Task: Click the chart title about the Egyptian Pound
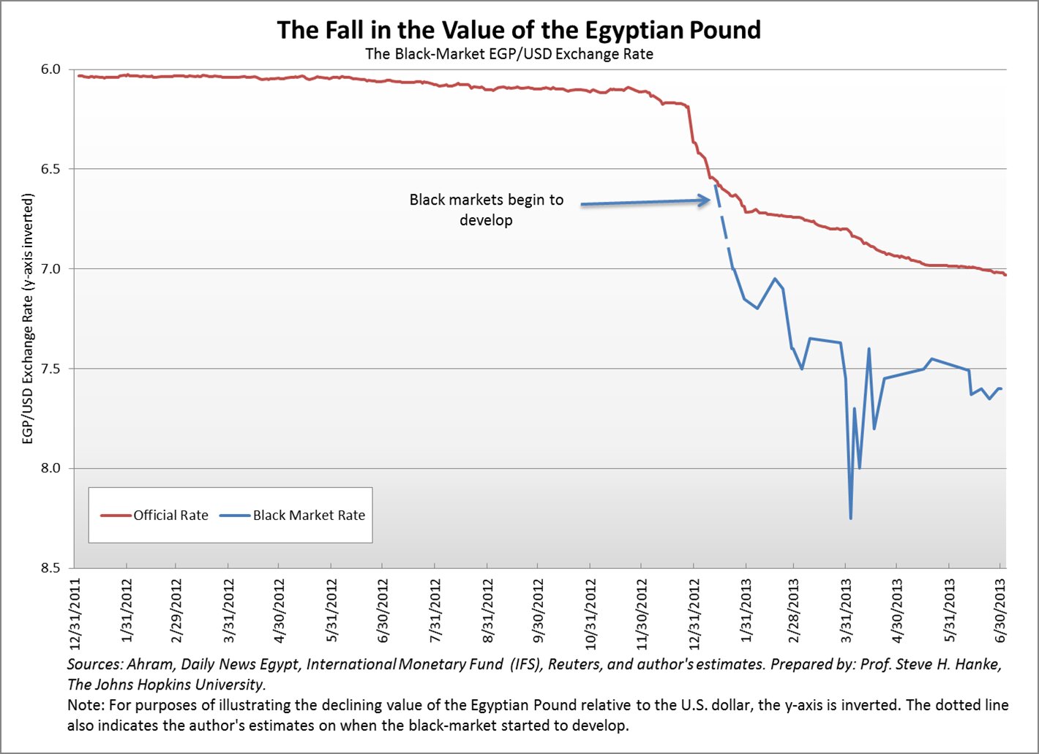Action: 519,30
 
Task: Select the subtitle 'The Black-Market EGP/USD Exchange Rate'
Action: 509,54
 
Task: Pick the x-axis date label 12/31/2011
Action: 75,613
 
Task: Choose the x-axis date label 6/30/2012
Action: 383,613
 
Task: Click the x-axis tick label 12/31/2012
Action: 694,613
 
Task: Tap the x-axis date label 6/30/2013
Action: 1001,613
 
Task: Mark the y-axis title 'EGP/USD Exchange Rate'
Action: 28,319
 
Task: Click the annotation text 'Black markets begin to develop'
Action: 487,210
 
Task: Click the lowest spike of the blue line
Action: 850,518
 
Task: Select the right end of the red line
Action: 1005,275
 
